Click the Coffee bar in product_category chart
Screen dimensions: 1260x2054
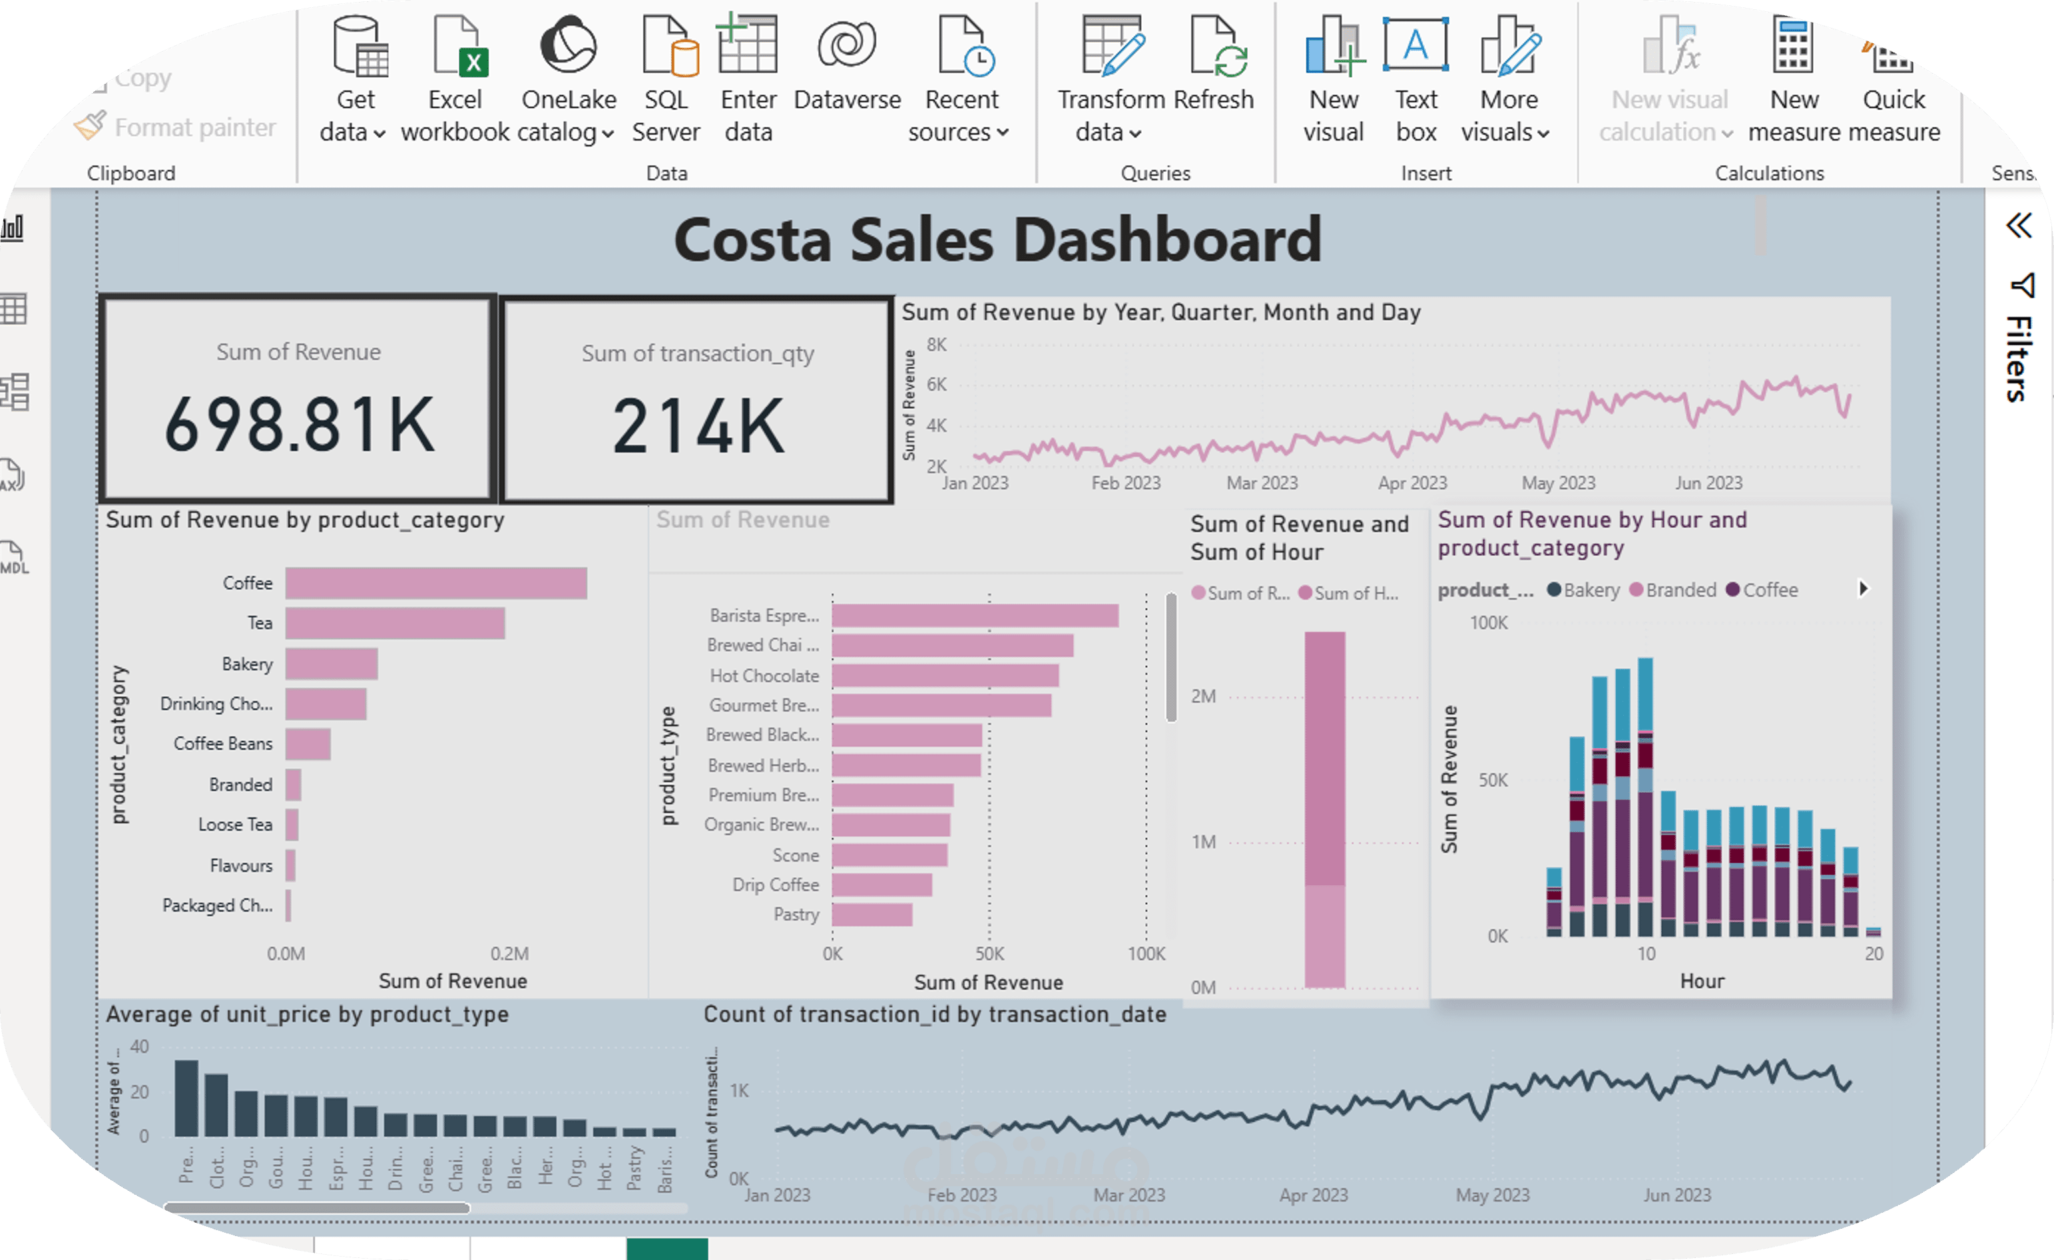(436, 583)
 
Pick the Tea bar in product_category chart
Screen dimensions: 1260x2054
(395, 623)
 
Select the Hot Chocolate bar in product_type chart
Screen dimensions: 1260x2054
(945, 676)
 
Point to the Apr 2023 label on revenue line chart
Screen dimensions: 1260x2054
(1412, 483)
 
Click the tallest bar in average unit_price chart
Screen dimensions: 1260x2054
(186, 1098)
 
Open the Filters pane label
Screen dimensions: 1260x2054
(2018, 358)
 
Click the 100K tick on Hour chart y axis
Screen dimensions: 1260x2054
(1488, 622)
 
